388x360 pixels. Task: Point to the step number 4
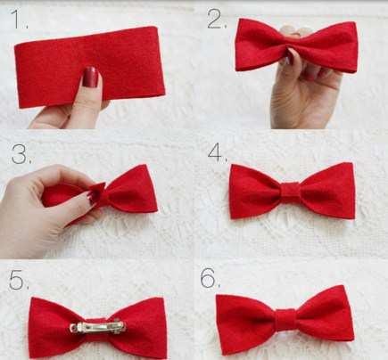pyautogui.click(x=216, y=152)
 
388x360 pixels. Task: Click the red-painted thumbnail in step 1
pyautogui.click(x=90, y=77)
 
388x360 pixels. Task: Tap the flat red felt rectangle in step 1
pyautogui.click(x=89, y=67)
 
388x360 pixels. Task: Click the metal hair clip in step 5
pyautogui.click(x=98, y=327)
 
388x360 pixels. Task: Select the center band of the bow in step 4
pyautogui.click(x=291, y=192)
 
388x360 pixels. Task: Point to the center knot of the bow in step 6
pyautogui.click(x=285, y=320)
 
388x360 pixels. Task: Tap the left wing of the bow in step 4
pyautogui.click(x=255, y=191)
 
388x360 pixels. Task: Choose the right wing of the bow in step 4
pyautogui.click(x=327, y=191)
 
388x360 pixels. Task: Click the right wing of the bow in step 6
pyautogui.click(x=325, y=315)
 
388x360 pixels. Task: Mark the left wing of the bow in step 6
pyautogui.click(x=245, y=323)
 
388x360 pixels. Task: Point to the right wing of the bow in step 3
pyautogui.click(x=131, y=189)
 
